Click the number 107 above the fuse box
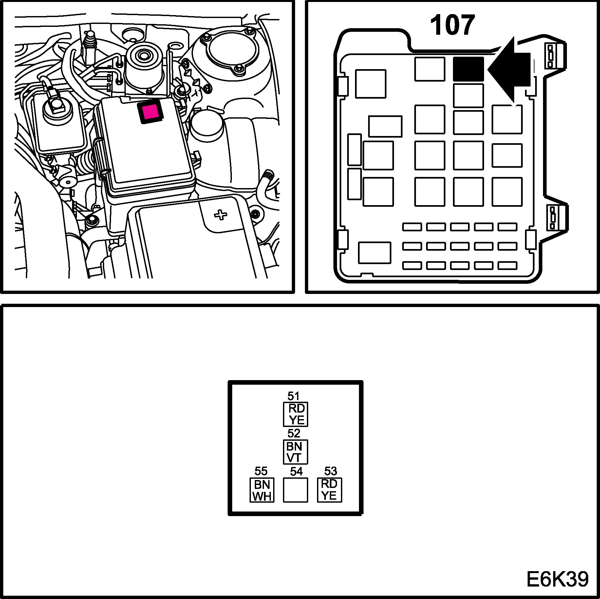pos(452,26)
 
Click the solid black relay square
pos(468,69)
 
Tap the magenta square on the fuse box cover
pos(151,112)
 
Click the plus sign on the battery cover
pos(220,215)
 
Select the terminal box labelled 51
pos(295,414)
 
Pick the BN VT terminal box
pos(295,452)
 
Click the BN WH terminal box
pos(262,490)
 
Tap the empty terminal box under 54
pos(295,490)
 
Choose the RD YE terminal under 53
pos(329,490)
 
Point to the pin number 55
pos(261,471)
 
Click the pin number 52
pos(294,434)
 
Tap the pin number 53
pos(330,471)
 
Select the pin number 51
pos(293,396)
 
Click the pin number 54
pos(296,471)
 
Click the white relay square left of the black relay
pos(429,69)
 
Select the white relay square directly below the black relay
pos(468,95)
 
